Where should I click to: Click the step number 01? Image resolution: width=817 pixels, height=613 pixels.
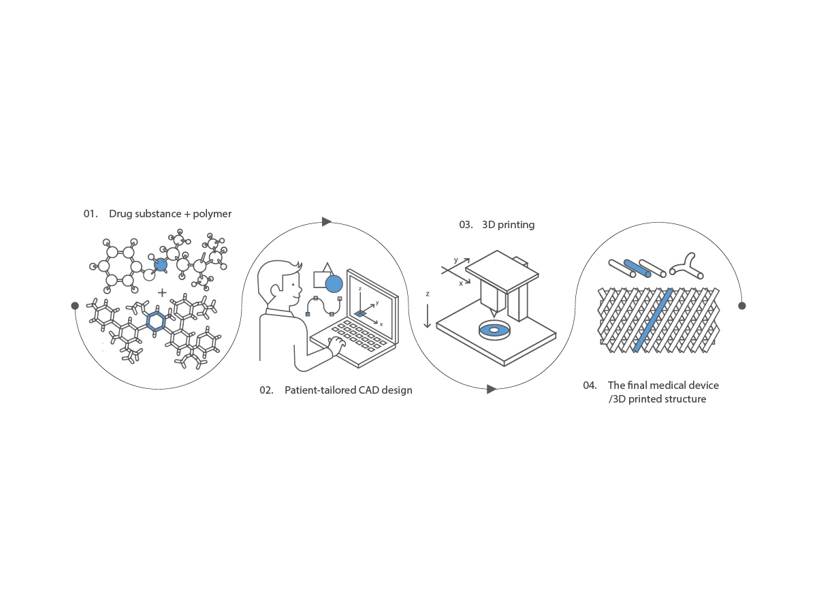90,214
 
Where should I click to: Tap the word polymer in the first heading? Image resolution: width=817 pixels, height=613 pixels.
212,214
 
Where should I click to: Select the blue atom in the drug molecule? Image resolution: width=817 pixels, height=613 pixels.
161,265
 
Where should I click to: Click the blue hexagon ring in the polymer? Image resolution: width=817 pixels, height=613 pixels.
156,321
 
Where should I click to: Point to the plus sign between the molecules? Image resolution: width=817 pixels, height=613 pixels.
162,293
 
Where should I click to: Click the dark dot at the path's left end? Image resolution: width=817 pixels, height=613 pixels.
75,306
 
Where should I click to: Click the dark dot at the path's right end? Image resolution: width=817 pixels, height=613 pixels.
742,306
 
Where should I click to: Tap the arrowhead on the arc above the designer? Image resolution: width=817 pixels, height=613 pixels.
326,222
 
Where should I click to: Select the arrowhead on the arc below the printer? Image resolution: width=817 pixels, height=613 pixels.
492,390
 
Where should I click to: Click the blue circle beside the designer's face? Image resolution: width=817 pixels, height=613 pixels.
334,284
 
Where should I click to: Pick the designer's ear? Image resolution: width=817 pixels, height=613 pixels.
275,290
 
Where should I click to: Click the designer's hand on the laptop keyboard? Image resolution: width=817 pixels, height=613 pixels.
336,346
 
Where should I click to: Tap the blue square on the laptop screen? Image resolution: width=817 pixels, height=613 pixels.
360,314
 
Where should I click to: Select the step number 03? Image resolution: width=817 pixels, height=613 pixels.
466,225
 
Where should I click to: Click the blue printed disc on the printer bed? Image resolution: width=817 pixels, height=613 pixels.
494,330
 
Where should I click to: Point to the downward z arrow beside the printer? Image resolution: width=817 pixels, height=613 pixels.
428,315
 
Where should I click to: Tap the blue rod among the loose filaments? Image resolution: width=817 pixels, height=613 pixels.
637,268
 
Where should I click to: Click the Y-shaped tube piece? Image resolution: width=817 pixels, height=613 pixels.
687,266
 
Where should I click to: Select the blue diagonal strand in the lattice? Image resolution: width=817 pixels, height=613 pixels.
652,320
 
